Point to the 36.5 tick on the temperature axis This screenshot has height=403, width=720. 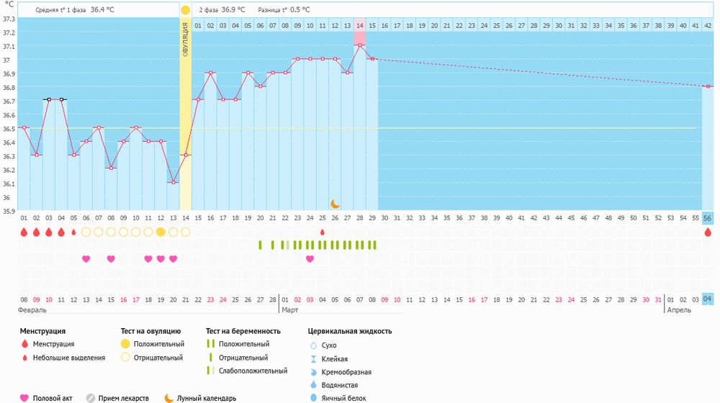click(9, 129)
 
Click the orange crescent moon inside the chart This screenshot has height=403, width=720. click(335, 204)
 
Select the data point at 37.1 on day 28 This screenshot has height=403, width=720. click(359, 45)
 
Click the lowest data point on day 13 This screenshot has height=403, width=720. click(173, 183)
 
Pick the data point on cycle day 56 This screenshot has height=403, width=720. click(708, 86)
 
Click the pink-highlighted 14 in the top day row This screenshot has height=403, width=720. click(359, 25)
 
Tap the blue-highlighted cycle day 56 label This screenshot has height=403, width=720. click(708, 217)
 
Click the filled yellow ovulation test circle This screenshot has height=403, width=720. click(161, 232)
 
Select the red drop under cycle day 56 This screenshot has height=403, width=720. click(708, 232)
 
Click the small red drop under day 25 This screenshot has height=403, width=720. click(322, 232)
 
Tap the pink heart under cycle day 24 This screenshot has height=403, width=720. click(310, 259)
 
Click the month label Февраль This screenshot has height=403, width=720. click(32, 310)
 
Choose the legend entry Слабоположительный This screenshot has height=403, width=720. click(257, 371)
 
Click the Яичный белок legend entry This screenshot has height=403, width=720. click(338, 397)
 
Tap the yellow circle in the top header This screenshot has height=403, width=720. click(185, 10)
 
